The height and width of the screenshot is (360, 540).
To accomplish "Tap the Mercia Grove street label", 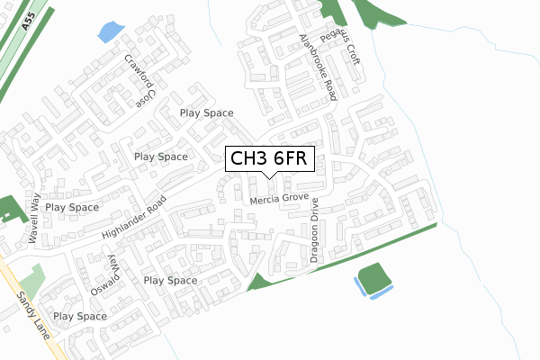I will tap(279, 198).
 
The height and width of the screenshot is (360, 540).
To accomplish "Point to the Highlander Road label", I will tap(135, 220).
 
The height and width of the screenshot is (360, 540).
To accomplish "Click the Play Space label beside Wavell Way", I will tap(72, 207).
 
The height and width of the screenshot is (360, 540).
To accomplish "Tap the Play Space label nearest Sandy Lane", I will tap(79, 317).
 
